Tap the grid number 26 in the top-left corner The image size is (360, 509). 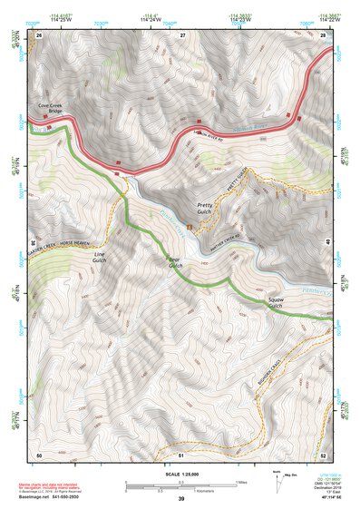[40, 34]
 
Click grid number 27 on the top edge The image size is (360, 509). [182, 34]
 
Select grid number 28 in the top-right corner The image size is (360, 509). [324, 34]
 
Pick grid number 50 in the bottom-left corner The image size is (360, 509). [39, 454]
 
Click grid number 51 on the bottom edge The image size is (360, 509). [181, 454]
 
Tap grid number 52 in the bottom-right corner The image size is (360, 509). [324, 454]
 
